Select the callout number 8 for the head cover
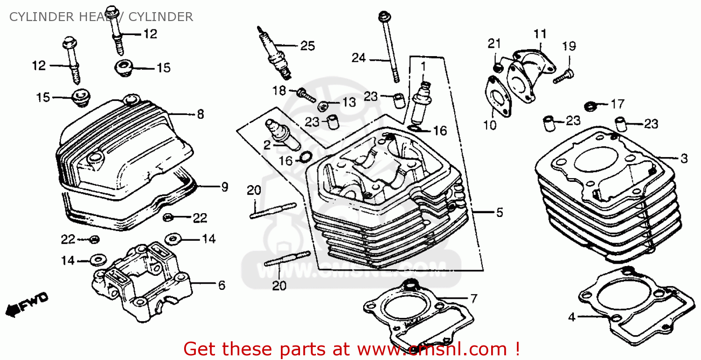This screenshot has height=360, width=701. click(x=200, y=115)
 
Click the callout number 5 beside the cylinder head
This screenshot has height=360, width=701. click(x=500, y=213)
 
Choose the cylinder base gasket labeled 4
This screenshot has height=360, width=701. click(x=631, y=304)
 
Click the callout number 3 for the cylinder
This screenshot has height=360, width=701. click(x=684, y=158)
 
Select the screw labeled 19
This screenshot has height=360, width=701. click(x=563, y=76)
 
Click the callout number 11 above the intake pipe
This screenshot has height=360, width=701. click(x=540, y=34)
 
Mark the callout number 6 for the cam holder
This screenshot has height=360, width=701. click(x=222, y=285)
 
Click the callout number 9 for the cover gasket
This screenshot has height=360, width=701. click(x=225, y=187)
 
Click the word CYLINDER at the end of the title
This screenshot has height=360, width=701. click(x=160, y=17)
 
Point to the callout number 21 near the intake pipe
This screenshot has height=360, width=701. click(x=494, y=44)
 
